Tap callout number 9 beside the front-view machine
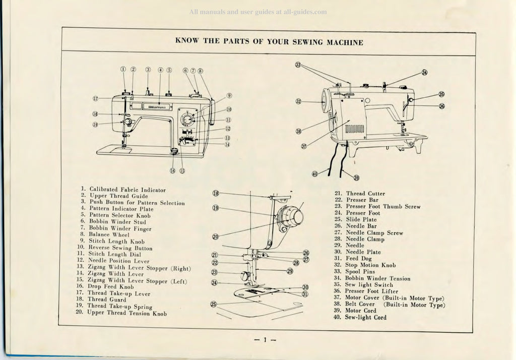pyautogui.click(x=229, y=95)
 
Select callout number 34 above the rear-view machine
pyautogui.click(x=424, y=73)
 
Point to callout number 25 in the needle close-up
pyautogui.click(x=214, y=304)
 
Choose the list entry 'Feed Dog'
pyautogui.click(x=358, y=259)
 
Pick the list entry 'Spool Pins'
pyautogui.click(x=360, y=272)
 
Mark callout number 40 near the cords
pyautogui.click(x=314, y=173)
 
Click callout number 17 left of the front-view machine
pyautogui.click(x=95, y=98)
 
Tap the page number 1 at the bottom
pyautogui.click(x=265, y=340)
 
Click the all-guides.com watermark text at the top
pyautogui.click(x=257, y=12)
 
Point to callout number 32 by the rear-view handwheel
pyautogui.click(x=298, y=101)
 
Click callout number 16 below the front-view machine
pyautogui.click(x=172, y=170)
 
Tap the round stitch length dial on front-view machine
pyautogui.click(x=187, y=119)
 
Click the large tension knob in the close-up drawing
pyautogui.click(x=291, y=217)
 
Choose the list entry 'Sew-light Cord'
pyautogui.click(x=366, y=318)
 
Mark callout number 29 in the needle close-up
pyautogui.click(x=290, y=271)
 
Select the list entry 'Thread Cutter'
pyautogui.click(x=365, y=194)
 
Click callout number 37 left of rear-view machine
pyautogui.click(x=304, y=146)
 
